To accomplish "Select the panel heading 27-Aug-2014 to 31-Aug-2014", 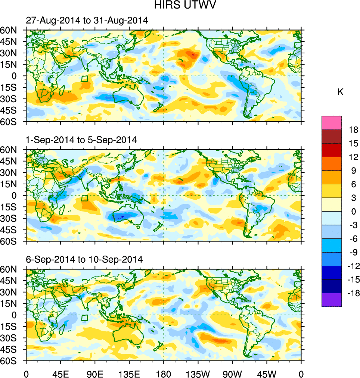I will (87, 21).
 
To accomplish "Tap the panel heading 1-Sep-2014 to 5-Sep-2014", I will (81, 140).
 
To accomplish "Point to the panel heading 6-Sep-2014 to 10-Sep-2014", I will (84, 259).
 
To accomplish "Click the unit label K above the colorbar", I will (341, 92).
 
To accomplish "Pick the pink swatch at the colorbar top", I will (332, 122).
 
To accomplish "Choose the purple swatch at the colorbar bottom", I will (332, 300).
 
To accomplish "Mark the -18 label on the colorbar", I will (353, 293).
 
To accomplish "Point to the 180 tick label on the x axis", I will (164, 373).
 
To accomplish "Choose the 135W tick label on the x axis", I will (198, 373).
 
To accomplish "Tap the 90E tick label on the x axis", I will (95, 373).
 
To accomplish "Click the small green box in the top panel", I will (85, 79).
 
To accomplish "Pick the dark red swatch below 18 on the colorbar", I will (332, 136).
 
